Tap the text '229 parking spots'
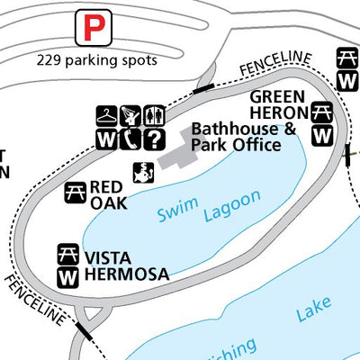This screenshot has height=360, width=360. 97,60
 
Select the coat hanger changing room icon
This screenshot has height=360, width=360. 107,117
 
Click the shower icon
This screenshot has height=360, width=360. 132,117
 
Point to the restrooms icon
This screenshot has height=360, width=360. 155,117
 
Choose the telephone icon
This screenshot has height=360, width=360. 132,139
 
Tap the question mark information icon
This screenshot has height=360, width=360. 155,139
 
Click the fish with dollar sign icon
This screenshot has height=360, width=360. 141,172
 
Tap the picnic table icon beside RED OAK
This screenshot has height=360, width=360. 76,191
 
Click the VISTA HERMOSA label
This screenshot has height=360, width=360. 125,265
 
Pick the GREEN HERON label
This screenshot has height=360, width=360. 280,104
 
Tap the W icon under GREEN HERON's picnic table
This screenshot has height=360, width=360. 322,135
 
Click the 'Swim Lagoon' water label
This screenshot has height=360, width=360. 209,206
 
